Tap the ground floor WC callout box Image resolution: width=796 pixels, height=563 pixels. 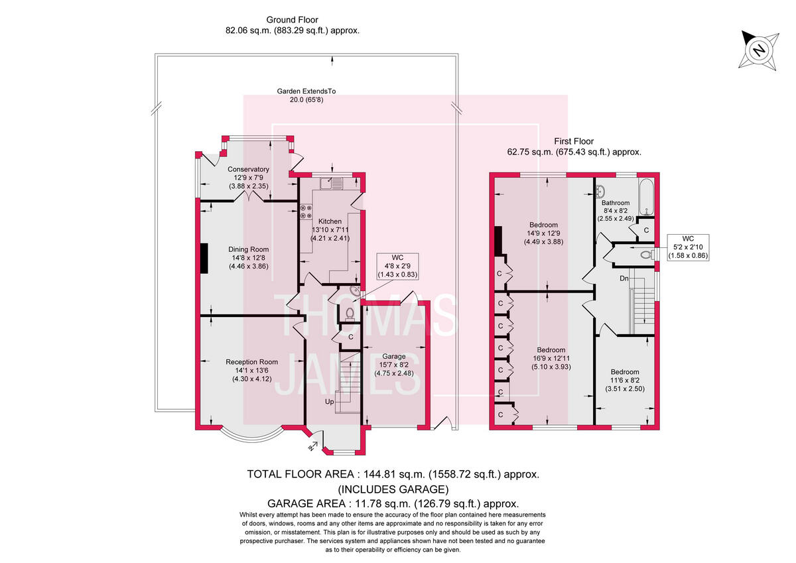click(x=397, y=265)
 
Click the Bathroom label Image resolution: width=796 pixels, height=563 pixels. click(x=616, y=203)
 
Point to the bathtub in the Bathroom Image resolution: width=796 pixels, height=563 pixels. click(x=647, y=196)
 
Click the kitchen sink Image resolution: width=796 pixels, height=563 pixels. click(x=329, y=182)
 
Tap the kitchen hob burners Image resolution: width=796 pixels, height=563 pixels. click(x=306, y=211)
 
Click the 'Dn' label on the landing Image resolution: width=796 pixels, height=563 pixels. click(x=624, y=279)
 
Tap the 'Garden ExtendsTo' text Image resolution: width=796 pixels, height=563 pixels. click(x=302, y=91)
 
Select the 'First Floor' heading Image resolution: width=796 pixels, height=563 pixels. click(x=574, y=141)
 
